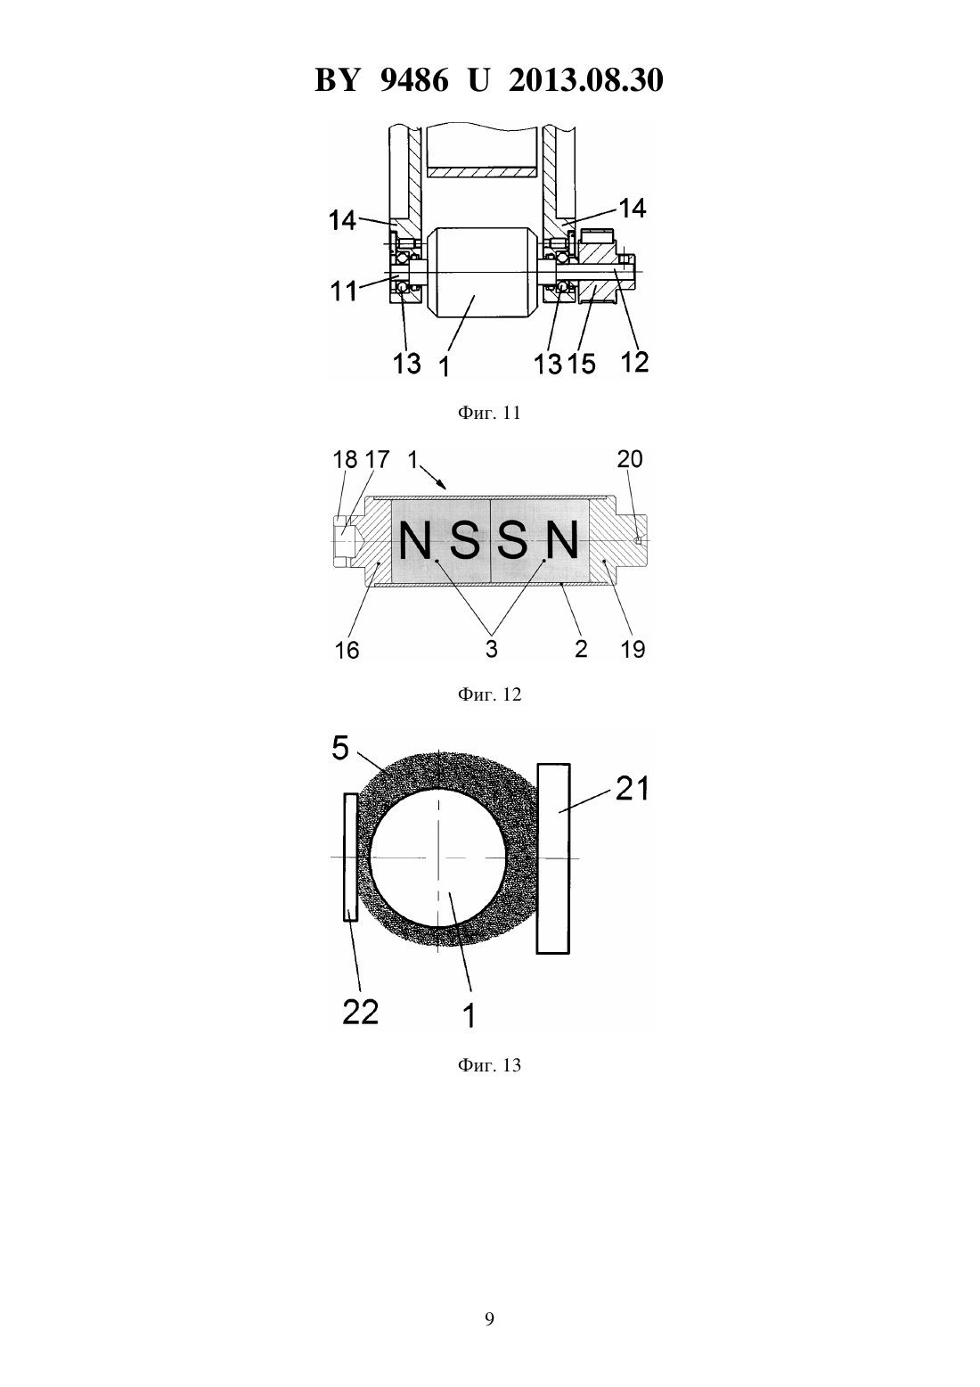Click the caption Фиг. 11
pos(489,413)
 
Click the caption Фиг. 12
pos(489,694)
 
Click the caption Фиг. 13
pos(489,1065)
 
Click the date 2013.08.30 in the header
pos(585,80)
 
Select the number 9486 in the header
pos(413,80)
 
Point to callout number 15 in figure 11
pos(581,364)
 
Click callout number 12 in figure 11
pos(633,362)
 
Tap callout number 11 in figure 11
pos(343,290)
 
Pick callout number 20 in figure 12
pos(629,459)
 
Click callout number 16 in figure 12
pos(347,650)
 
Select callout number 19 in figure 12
pos(633,649)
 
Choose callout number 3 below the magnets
pos(491,649)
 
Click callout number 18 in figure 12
pos(345,459)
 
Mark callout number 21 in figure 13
pos(632,790)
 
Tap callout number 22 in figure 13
pos(360,1013)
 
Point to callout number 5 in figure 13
pos(340,748)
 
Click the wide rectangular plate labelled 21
pos(553,858)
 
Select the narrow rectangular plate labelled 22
pos(350,858)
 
